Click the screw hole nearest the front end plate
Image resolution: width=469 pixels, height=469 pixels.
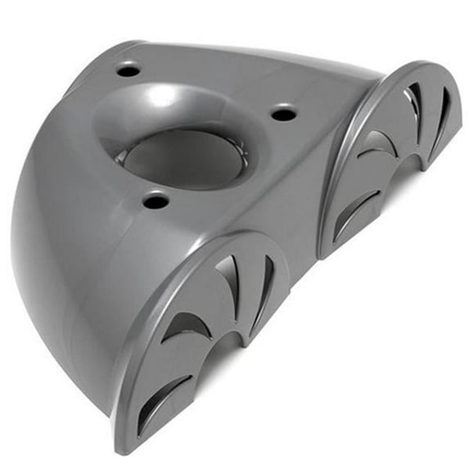[x=156, y=200]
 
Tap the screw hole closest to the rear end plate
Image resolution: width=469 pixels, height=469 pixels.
[x=283, y=113]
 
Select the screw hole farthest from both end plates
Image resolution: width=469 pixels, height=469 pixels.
[x=129, y=71]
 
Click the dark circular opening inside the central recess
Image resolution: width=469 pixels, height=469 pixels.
[x=183, y=156]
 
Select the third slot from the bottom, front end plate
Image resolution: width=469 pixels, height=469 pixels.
[x=230, y=282]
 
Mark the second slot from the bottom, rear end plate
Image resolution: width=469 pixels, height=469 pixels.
[x=376, y=147]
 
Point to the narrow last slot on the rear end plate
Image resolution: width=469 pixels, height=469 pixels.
[x=441, y=110]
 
